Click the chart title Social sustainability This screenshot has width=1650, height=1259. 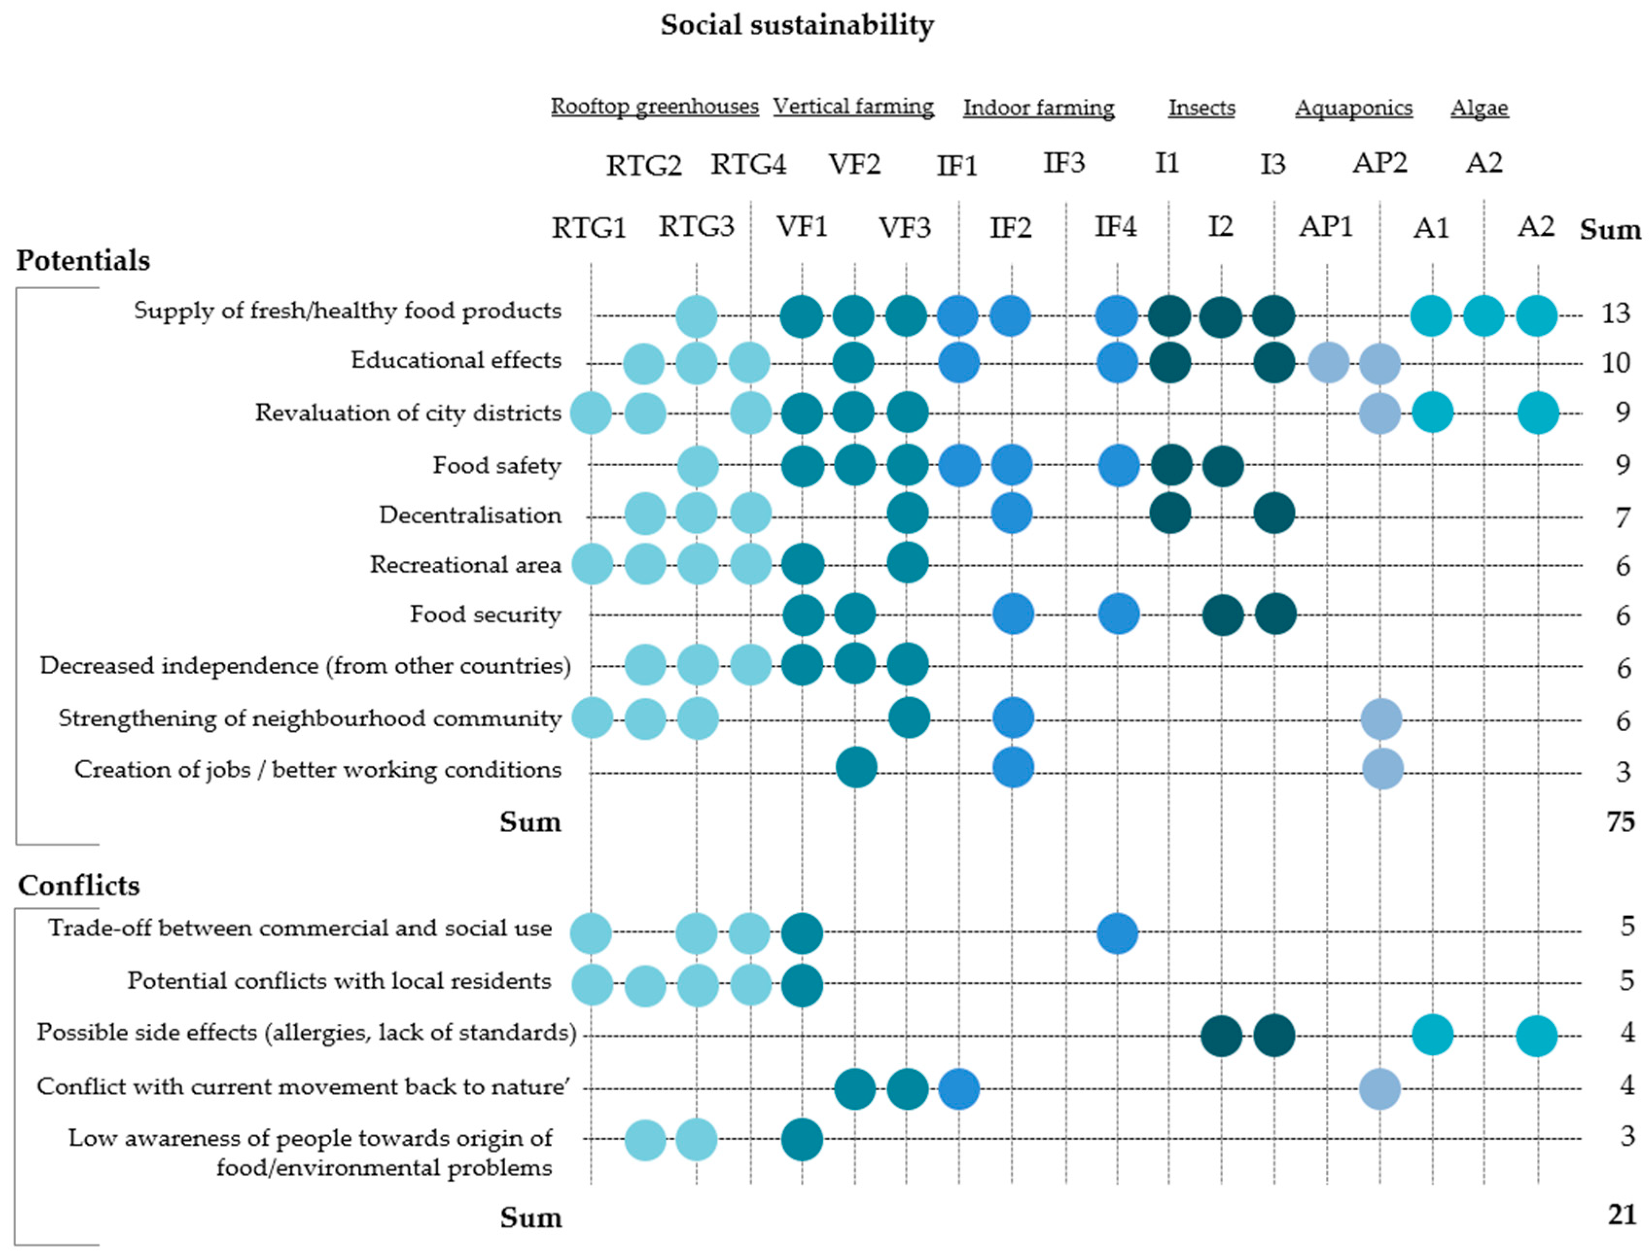click(x=796, y=25)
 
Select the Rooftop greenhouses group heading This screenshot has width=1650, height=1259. click(x=654, y=106)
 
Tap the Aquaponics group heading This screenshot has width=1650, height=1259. click(x=1353, y=108)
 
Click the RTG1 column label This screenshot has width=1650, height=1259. click(x=588, y=227)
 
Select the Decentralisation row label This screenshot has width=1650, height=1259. click(x=470, y=515)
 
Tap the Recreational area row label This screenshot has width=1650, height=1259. click(x=465, y=564)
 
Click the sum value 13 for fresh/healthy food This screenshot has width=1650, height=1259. click(x=1615, y=313)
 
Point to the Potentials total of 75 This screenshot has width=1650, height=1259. click(x=1619, y=822)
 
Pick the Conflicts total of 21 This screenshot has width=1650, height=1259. click(x=1621, y=1214)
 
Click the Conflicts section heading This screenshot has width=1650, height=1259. click(x=79, y=886)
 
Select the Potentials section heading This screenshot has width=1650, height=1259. click(x=83, y=261)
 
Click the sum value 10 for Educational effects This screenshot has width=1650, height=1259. click(x=1615, y=363)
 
